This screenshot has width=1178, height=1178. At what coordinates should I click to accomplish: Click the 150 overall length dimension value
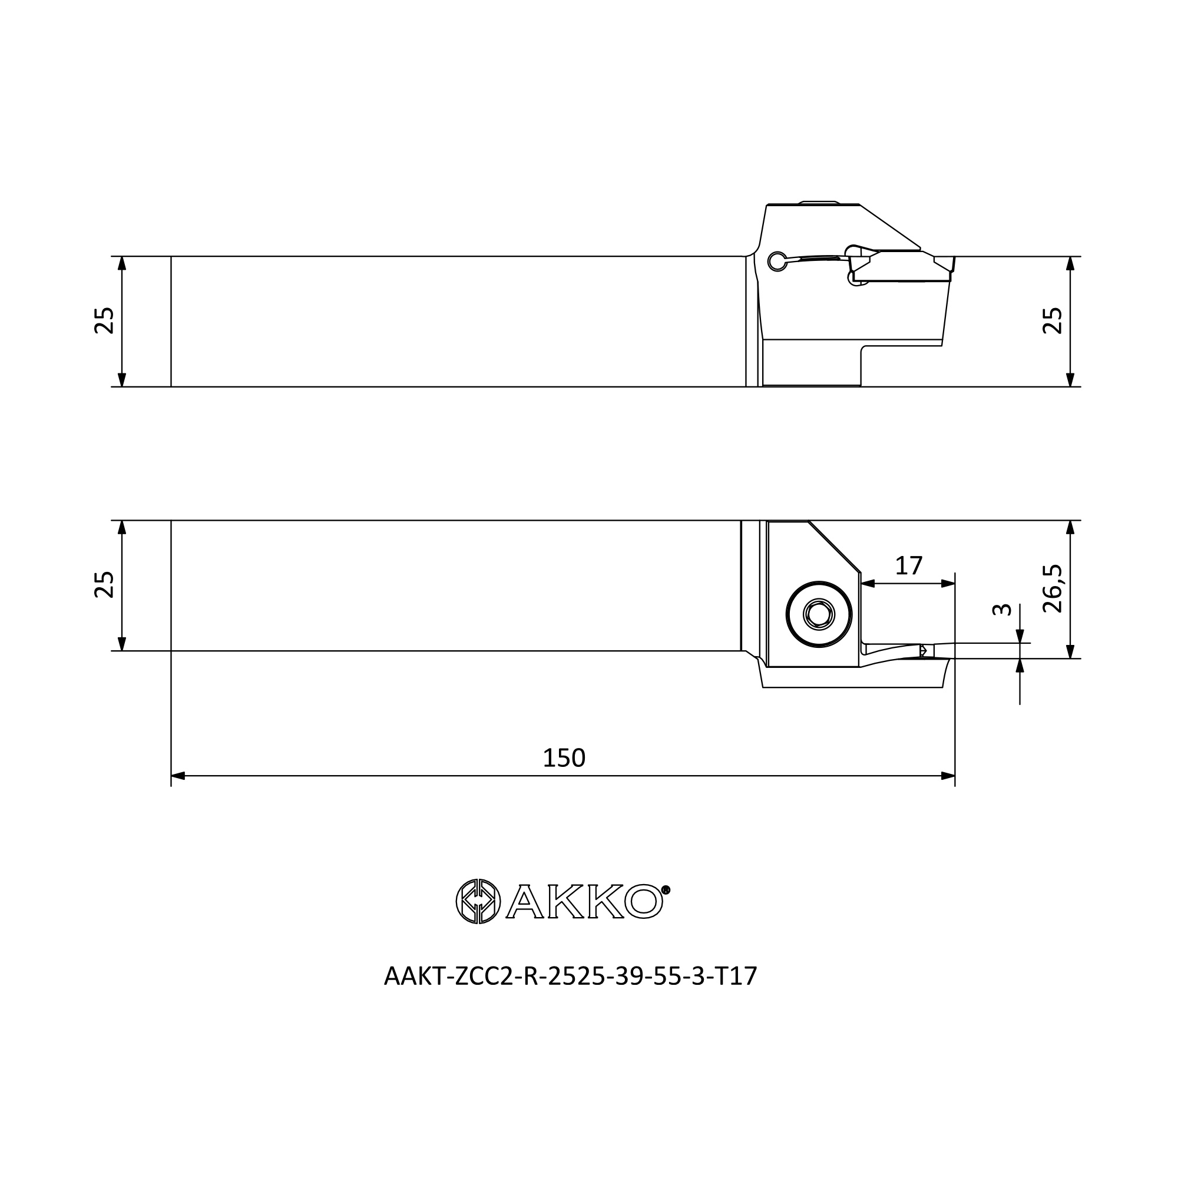[564, 758]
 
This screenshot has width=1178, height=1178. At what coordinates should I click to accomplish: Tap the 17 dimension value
[908, 566]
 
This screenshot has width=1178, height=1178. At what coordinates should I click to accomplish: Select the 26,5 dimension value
[1053, 588]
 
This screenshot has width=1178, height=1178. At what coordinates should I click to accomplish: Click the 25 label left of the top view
[104, 320]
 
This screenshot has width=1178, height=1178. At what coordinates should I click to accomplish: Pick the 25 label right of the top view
[1053, 320]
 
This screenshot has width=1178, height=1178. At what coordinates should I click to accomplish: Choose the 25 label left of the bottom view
[104, 584]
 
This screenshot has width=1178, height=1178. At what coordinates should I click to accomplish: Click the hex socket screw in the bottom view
[819, 614]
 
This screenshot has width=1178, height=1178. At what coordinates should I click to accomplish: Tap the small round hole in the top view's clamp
[777, 261]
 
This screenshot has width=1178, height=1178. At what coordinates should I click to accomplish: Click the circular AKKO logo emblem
[478, 901]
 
